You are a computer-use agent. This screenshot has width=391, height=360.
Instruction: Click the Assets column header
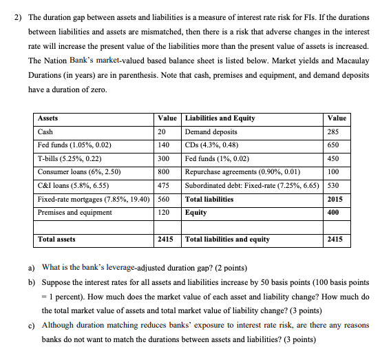48,118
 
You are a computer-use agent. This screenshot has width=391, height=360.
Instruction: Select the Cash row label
46,131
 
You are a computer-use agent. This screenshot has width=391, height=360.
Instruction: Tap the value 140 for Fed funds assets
163,145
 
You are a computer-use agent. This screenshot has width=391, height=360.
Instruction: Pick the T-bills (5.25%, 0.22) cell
71,158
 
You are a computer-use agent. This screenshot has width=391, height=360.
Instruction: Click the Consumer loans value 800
163,171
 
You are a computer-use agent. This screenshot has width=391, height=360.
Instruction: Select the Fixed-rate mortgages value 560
163,199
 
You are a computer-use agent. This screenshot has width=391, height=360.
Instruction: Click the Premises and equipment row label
75,212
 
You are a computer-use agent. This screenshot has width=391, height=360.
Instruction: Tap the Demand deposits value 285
335,131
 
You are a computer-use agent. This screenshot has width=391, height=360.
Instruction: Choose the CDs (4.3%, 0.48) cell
211,145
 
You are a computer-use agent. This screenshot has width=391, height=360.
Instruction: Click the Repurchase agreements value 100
335,171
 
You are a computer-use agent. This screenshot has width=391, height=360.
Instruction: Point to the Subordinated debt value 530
335,185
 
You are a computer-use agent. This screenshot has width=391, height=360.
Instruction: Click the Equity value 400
335,212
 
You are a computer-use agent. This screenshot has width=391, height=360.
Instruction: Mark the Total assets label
57,240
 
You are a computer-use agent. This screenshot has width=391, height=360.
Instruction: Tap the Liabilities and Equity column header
220,118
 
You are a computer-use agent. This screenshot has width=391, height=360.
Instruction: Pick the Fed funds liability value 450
335,158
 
